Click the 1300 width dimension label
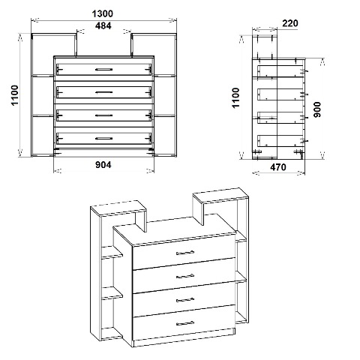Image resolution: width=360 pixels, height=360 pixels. [x=103, y=13]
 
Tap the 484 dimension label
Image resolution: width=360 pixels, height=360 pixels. [x=103, y=25]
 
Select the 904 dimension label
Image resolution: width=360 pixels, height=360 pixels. [x=103, y=165]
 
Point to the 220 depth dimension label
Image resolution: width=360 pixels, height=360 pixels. [x=290, y=23]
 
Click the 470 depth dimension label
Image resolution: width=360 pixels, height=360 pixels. [x=278, y=167]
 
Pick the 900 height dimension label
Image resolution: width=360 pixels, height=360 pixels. [x=317, y=109]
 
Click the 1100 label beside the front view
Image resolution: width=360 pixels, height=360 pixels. [x=15, y=95]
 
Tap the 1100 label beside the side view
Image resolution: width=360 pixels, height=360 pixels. [x=235, y=97]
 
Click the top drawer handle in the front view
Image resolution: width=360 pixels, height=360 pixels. [x=103, y=69]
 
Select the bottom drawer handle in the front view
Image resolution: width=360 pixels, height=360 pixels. [x=103, y=138]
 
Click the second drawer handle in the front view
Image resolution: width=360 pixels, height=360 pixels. [x=103, y=92]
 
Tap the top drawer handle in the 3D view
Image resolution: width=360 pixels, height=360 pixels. [x=185, y=253]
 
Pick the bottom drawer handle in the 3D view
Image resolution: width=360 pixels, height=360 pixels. [x=185, y=323]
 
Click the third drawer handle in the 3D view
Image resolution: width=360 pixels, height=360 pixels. [x=185, y=299]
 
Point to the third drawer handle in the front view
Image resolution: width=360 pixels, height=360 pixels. [x=103, y=115]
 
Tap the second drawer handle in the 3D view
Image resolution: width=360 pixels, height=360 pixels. [x=185, y=276]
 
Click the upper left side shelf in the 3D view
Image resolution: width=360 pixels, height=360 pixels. [x=112, y=252]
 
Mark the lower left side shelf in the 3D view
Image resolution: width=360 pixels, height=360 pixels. [x=112, y=293]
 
